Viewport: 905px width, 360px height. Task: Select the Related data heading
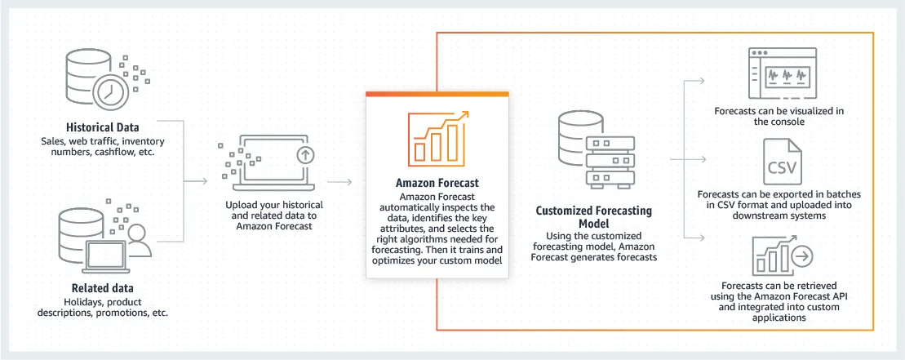coord(102,288)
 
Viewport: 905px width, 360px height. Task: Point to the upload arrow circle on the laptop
coord(304,153)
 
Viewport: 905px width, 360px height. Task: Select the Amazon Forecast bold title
coord(437,183)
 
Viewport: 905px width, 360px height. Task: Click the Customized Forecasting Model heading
coord(593,216)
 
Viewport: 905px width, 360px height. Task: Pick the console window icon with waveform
coord(783,73)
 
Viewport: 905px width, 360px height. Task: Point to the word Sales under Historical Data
coord(55,140)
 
